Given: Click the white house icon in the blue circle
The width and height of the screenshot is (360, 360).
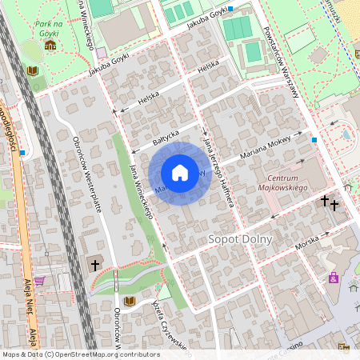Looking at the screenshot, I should pos(180,173).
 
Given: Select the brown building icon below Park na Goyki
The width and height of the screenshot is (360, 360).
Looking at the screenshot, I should pos(50,45).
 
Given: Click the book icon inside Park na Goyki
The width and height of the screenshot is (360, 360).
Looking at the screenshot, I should pos(33,71).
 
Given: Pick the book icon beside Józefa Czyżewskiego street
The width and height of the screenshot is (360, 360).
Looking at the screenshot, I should pos(130,301).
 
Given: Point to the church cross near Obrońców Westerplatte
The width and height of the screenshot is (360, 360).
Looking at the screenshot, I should pos(94,264).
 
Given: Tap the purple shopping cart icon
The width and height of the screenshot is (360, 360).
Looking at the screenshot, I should pos(38,281).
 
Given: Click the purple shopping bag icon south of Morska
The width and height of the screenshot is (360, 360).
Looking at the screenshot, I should pos(333,278).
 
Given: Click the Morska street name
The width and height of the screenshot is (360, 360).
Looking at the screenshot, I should pos(307,242).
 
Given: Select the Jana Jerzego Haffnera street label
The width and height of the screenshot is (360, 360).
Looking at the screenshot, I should pos(218,172).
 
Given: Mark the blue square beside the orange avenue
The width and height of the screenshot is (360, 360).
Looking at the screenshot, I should pos(23,152).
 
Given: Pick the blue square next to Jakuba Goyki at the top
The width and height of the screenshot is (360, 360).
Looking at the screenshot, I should pos(230,9).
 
